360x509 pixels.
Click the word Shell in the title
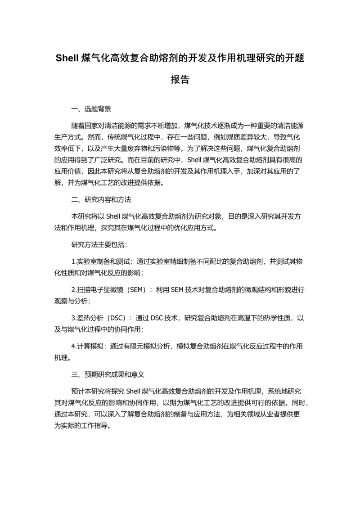click(x=67, y=59)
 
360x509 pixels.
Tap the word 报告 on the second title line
click(x=180, y=80)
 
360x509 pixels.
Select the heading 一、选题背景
click(x=91, y=109)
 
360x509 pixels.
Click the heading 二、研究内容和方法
click(x=101, y=199)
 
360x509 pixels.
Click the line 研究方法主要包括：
click(x=99, y=245)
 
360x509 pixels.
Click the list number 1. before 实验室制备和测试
click(x=74, y=261)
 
